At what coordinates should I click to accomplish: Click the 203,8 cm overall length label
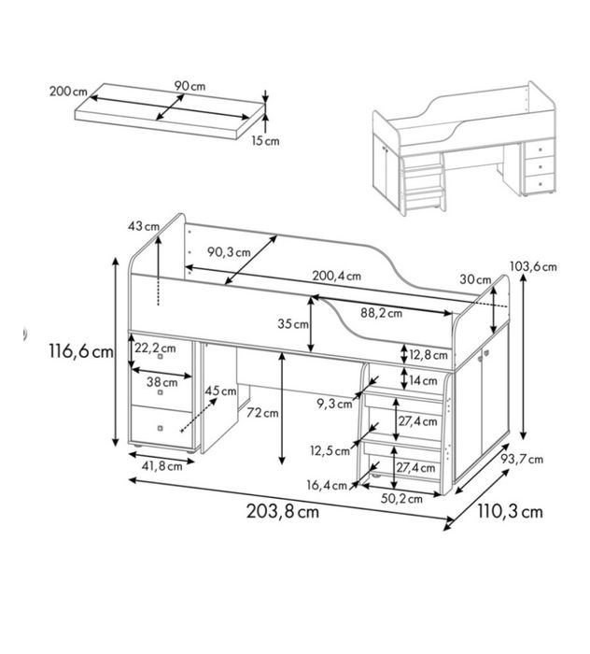[283, 511]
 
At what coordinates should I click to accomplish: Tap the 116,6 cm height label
[81, 350]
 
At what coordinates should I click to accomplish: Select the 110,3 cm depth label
[510, 511]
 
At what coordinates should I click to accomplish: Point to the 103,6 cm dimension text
[533, 266]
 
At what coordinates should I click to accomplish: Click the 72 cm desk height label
[262, 413]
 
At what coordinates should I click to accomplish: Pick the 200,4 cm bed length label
[337, 276]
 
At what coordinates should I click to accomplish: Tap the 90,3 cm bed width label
[229, 252]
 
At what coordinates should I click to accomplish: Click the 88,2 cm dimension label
[381, 313]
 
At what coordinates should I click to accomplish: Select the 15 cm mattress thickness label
[265, 141]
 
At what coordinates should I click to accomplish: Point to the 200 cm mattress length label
[68, 91]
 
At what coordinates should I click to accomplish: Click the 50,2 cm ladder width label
[401, 498]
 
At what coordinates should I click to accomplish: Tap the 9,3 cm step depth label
[334, 404]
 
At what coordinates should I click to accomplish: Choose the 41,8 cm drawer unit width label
[162, 466]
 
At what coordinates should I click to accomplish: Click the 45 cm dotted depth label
[220, 391]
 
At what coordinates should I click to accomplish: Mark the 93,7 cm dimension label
[522, 460]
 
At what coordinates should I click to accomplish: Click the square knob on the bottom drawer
[161, 428]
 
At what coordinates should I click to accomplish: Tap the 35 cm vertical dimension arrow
[311, 324]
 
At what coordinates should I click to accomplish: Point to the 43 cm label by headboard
[144, 226]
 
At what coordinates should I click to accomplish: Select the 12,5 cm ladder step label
[330, 451]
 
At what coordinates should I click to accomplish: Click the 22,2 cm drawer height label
[155, 348]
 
